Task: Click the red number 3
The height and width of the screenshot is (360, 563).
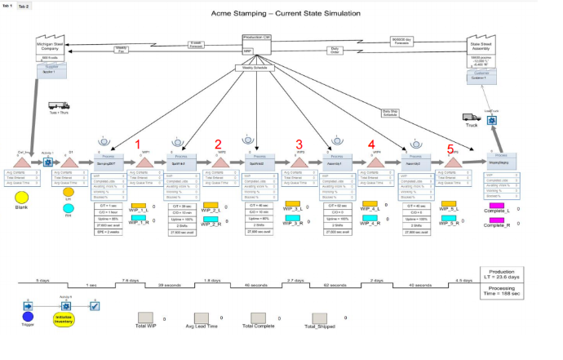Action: (299, 144)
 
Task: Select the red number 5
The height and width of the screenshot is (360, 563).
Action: (450, 149)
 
